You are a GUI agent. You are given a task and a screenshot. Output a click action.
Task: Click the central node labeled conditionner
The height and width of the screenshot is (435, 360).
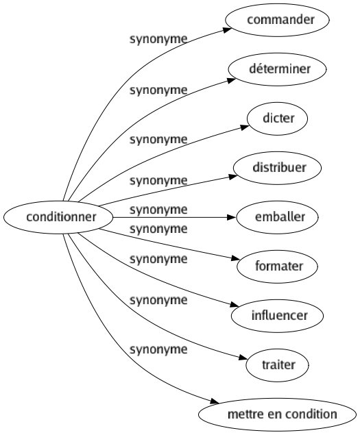(58, 217)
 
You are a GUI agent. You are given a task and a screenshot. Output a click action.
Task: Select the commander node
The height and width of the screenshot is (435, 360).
(277, 20)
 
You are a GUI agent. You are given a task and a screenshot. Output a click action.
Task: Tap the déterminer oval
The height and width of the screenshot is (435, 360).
(277, 69)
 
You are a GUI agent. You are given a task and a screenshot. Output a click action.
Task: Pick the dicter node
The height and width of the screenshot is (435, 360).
(277, 119)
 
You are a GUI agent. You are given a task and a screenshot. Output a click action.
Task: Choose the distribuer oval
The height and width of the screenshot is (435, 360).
(277, 168)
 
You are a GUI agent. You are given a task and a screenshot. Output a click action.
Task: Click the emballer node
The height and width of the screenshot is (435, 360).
(277, 217)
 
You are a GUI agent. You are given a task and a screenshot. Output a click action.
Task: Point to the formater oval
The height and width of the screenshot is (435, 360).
(277, 266)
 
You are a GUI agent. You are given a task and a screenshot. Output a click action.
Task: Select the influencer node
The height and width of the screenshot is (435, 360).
(277, 316)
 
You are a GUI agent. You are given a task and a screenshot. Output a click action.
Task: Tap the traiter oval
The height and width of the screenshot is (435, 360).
(277, 365)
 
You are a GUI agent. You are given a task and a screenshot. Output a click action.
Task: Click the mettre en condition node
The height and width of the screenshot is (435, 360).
(277, 414)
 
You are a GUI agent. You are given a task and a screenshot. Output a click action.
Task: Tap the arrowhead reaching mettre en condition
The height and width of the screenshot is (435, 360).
(215, 401)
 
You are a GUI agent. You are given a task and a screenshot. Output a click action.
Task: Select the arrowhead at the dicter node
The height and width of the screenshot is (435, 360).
(245, 127)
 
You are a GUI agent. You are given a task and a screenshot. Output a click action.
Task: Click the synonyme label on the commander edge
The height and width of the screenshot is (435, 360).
(158, 40)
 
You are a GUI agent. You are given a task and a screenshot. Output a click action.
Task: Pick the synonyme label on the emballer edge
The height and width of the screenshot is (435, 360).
(158, 210)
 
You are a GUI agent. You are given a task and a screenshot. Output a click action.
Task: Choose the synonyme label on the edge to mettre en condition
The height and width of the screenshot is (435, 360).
(158, 349)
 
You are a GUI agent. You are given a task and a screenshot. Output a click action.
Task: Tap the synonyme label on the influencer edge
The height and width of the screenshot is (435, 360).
(158, 259)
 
